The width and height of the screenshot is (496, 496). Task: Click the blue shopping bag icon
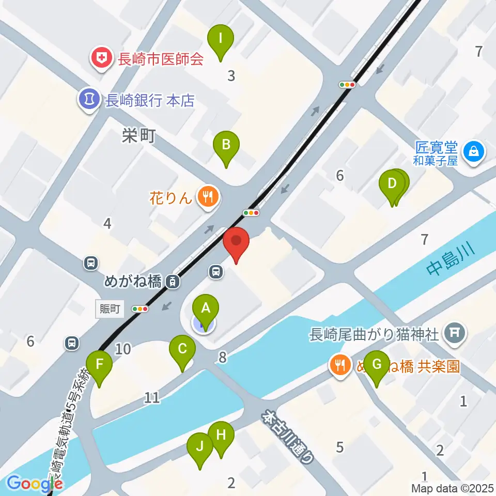coord(473,151)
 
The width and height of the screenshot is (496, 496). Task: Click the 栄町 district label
coord(138,136)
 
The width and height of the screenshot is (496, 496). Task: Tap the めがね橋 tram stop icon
coord(173,282)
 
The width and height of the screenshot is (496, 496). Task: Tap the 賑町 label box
coord(110,309)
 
